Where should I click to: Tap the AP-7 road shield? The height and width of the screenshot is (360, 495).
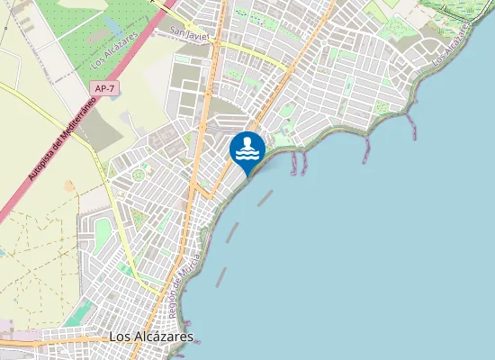coord(103,88)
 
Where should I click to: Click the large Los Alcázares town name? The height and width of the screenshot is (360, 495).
coord(150,337)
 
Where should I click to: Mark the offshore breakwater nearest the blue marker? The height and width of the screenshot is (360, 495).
coord(265,197)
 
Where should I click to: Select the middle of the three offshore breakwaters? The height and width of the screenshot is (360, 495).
coord(233,231)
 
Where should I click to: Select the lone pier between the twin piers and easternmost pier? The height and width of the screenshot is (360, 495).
coord(366,148)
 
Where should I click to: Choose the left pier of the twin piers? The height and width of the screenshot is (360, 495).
coord(293,162)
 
